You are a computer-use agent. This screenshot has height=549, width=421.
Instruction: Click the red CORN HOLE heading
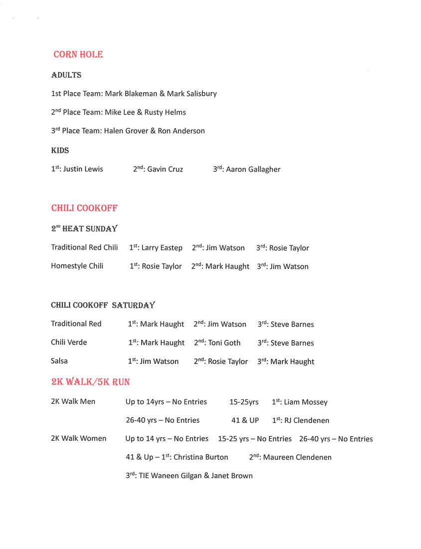(x=78, y=54)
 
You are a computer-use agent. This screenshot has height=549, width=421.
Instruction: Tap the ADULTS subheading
(x=66, y=75)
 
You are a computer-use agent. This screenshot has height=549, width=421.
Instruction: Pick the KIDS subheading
(x=60, y=150)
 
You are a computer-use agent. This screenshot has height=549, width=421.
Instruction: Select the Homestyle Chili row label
(x=77, y=266)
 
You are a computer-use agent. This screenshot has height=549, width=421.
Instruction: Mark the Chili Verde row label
(x=69, y=342)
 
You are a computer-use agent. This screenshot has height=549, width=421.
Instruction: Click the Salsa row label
(x=59, y=361)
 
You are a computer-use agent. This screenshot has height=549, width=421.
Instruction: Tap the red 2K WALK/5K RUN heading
(x=90, y=382)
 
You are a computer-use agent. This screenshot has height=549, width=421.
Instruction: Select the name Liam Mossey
(x=305, y=402)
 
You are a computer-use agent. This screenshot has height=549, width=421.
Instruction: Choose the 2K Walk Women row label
(x=78, y=439)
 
